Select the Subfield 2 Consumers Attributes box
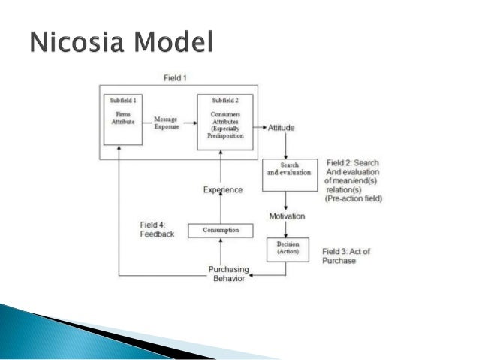224,121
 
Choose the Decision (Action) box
288,248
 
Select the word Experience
223,190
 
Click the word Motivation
287,216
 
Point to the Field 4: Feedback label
157,229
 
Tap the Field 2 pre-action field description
354,181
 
